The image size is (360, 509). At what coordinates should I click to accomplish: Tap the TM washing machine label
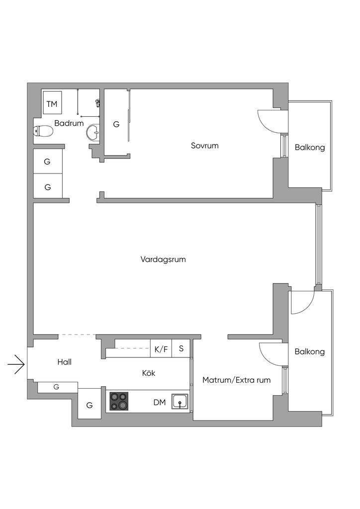coord(52,104)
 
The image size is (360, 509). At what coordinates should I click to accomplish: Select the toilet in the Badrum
coord(43,131)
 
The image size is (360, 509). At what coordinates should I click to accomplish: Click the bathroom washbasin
coord(93,132)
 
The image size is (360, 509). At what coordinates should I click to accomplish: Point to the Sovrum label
coord(205,146)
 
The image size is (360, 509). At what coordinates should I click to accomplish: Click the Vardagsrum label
coord(163,259)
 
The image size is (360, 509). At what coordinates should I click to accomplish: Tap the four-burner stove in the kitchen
coord(119,402)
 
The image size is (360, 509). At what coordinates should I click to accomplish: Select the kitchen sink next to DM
coord(180,402)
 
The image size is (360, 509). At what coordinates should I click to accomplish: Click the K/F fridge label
coord(161,349)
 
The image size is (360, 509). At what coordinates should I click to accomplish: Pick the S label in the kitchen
coord(181,348)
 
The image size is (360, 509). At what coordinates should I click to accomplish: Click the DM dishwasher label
coord(159,402)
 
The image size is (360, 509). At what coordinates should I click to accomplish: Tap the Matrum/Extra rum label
coord(236,380)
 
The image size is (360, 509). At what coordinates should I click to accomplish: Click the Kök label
coord(149,373)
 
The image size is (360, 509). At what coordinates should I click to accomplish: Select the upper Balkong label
coord(309,147)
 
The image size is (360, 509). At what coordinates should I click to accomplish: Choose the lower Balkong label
coord(309,351)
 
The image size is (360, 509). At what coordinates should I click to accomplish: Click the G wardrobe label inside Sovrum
coord(116,124)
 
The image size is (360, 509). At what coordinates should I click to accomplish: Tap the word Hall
coord(64,362)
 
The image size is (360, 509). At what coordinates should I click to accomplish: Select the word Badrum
coord(69,123)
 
